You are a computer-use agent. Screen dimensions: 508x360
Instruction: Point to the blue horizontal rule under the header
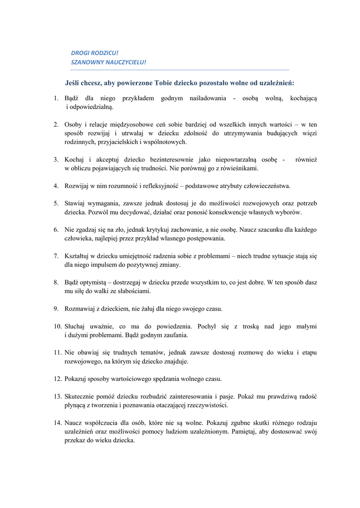click(180, 70)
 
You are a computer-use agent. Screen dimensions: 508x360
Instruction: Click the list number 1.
click(56, 98)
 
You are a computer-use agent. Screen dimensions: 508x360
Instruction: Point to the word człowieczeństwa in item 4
click(265, 186)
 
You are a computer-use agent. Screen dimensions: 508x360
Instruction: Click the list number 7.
click(56, 256)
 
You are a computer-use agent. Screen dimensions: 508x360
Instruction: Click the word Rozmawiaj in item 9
click(80, 309)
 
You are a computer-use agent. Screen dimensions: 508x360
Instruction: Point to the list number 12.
click(58, 379)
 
